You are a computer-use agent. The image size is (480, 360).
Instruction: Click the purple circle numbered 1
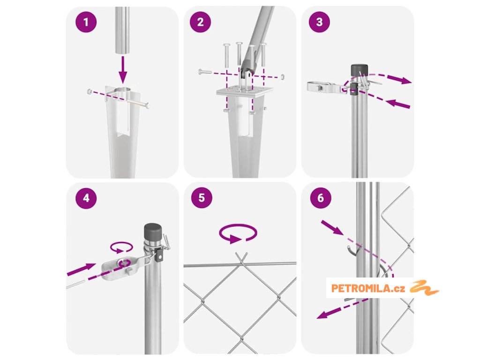[x=86, y=22]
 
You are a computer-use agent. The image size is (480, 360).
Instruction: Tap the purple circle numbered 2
[x=201, y=22]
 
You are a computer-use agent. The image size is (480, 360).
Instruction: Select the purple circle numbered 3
[x=319, y=22]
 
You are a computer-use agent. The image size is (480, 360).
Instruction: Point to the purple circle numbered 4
[x=86, y=198]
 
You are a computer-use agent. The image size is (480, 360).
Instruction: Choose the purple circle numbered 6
[x=321, y=198]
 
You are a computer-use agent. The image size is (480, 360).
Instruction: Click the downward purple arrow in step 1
[x=123, y=69]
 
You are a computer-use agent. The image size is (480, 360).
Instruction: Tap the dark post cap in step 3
[x=359, y=70]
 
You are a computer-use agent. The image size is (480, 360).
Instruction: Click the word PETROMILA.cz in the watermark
[x=368, y=288]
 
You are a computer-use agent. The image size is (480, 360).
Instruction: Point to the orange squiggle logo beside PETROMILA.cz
[x=424, y=287]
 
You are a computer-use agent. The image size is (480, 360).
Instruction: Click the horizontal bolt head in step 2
[x=205, y=72]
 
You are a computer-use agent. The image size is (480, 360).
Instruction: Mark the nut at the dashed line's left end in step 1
[x=90, y=91]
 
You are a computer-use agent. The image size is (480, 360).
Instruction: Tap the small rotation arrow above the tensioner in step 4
[x=121, y=247]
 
